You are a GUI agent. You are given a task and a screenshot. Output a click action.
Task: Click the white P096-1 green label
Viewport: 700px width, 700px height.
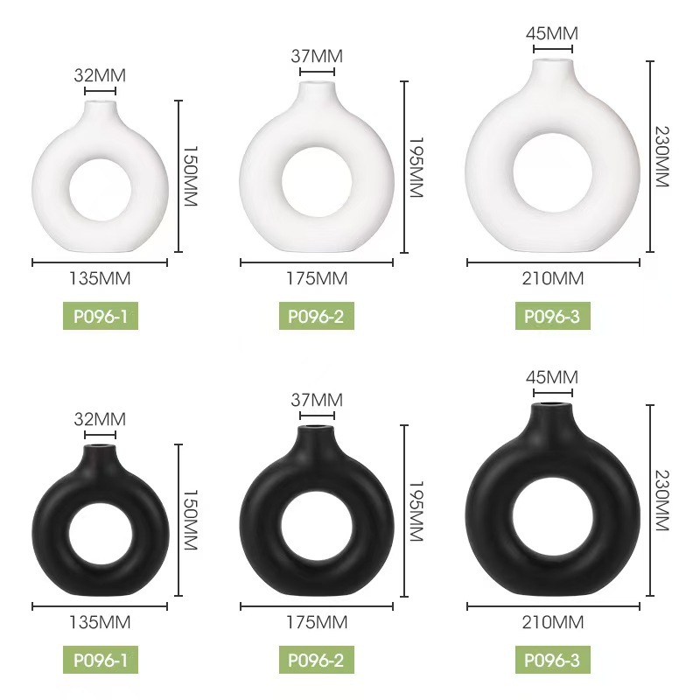[100, 316]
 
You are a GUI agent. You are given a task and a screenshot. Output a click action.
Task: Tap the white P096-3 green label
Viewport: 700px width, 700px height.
[552, 316]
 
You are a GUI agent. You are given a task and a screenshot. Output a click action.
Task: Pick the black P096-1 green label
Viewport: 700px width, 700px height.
[100, 660]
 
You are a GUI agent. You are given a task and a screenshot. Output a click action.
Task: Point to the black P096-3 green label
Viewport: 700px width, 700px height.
[552, 660]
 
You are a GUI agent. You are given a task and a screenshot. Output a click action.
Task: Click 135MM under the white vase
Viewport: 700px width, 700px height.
[100, 279]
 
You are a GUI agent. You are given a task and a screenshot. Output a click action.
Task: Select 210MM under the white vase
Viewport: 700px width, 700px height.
[553, 279]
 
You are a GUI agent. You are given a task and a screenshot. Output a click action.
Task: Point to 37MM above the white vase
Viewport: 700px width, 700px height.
[316, 56]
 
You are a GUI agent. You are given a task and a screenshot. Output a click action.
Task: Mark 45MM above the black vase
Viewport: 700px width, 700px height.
[552, 378]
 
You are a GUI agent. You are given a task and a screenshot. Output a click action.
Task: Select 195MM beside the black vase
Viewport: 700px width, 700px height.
[416, 511]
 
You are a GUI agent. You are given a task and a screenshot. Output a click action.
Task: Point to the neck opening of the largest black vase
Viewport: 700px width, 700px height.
[555, 405]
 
